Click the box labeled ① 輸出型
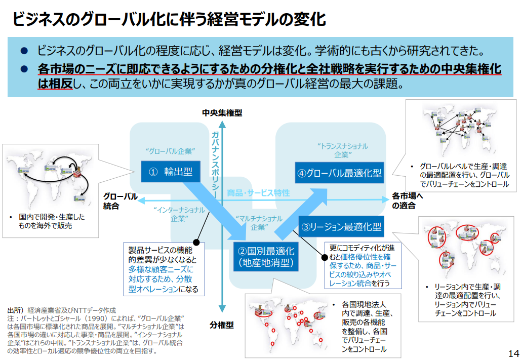point(171,172)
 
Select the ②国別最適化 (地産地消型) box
point(266,257)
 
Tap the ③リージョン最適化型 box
point(341,226)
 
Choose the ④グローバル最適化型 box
point(339,173)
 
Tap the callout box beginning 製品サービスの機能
point(164,269)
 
